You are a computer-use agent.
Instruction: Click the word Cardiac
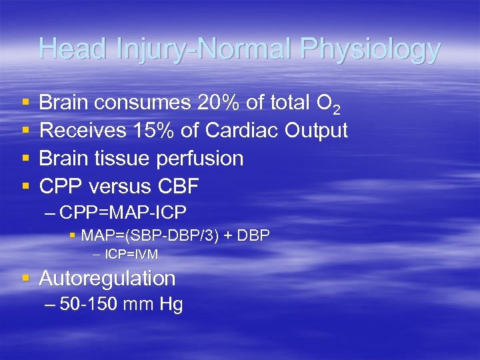(x=241, y=131)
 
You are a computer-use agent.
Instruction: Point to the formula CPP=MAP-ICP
(x=123, y=213)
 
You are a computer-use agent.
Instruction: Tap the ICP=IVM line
(x=131, y=254)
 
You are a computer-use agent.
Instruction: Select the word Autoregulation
(x=107, y=278)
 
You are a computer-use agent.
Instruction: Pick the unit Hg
(x=171, y=305)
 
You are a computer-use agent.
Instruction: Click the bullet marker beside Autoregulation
(x=25, y=278)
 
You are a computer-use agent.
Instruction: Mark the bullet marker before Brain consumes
(x=25, y=103)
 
